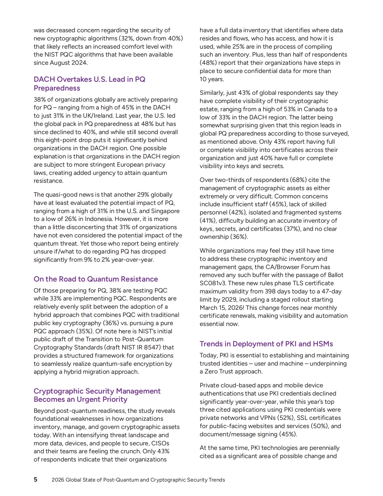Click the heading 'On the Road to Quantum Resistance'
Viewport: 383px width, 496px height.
click(96, 279)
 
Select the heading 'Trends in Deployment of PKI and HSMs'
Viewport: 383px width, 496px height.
click(266, 344)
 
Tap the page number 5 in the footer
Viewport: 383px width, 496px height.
click(35, 479)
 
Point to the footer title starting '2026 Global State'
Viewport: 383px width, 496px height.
click(138, 480)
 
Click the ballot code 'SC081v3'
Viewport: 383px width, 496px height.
click(213, 283)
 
